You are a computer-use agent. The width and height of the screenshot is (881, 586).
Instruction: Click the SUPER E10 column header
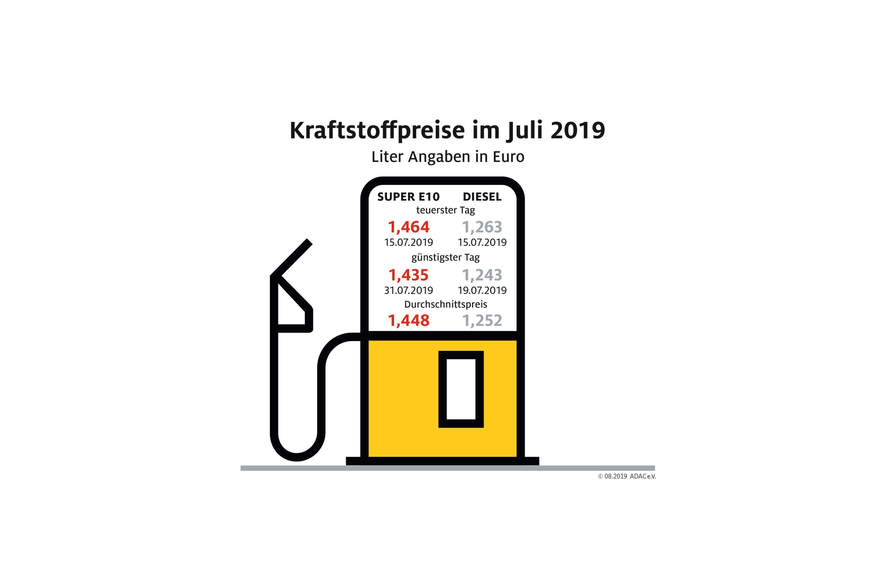click(x=408, y=197)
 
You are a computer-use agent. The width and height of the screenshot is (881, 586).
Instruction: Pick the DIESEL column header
click(x=482, y=197)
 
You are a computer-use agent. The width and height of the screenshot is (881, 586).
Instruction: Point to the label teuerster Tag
click(x=445, y=210)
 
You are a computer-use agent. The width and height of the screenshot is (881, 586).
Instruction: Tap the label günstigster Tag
click(x=445, y=258)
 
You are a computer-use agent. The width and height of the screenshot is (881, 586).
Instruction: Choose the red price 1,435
click(x=408, y=275)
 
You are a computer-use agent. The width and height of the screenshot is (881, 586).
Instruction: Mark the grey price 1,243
click(x=482, y=275)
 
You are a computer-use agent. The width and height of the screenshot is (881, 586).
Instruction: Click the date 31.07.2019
click(x=408, y=291)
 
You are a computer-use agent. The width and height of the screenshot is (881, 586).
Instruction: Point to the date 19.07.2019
click(x=482, y=291)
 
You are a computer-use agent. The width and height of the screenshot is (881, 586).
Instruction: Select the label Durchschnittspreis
click(x=445, y=304)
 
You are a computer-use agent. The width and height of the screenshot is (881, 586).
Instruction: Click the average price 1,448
click(x=408, y=321)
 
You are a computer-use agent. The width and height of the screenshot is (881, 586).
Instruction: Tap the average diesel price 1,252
click(x=482, y=321)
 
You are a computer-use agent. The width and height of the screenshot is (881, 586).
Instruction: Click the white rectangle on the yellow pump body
click(x=461, y=389)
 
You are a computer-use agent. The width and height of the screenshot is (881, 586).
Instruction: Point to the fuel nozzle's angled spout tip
click(x=308, y=242)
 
